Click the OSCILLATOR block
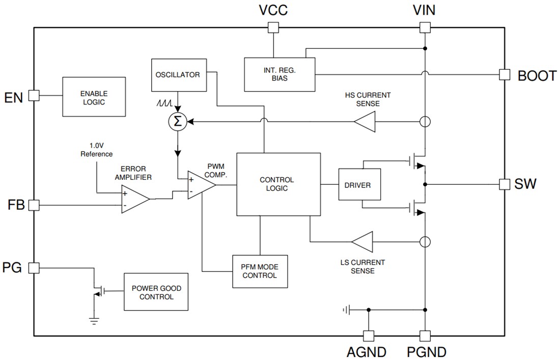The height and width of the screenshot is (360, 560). (x=177, y=75)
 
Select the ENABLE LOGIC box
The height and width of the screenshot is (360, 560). (x=94, y=97)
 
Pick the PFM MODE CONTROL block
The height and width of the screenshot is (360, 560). (x=260, y=271)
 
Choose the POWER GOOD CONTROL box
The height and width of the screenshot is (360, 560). (x=156, y=292)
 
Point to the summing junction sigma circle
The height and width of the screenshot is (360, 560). (x=178, y=121)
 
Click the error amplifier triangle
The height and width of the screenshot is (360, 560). (x=134, y=199)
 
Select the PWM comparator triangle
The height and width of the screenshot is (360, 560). (x=200, y=184)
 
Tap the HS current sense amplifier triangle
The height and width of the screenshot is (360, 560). (x=366, y=122)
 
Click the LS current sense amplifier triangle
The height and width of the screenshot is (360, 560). (x=362, y=241)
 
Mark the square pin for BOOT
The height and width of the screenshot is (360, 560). (x=504, y=74)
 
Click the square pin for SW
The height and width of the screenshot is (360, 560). (x=504, y=184)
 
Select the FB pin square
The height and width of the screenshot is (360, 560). (x=34, y=205)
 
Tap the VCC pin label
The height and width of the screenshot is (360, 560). (x=273, y=10)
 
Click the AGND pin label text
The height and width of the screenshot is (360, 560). (x=367, y=352)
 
